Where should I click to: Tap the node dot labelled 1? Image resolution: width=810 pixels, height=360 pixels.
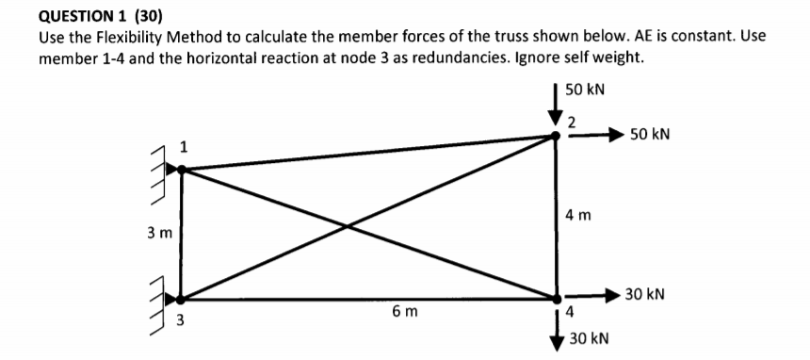[x=181, y=170]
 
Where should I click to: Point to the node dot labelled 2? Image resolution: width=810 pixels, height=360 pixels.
[x=556, y=136]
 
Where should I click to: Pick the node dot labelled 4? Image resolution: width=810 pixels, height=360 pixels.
[x=556, y=300]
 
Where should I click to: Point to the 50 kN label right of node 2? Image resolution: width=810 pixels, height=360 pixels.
[x=649, y=135]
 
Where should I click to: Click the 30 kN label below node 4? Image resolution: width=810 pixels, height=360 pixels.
[x=590, y=336]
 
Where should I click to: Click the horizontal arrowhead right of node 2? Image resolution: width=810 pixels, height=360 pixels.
[x=616, y=135]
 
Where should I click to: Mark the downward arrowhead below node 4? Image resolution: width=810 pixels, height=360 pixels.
[x=556, y=343]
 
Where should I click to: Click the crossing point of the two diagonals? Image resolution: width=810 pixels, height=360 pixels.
[x=348, y=226]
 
